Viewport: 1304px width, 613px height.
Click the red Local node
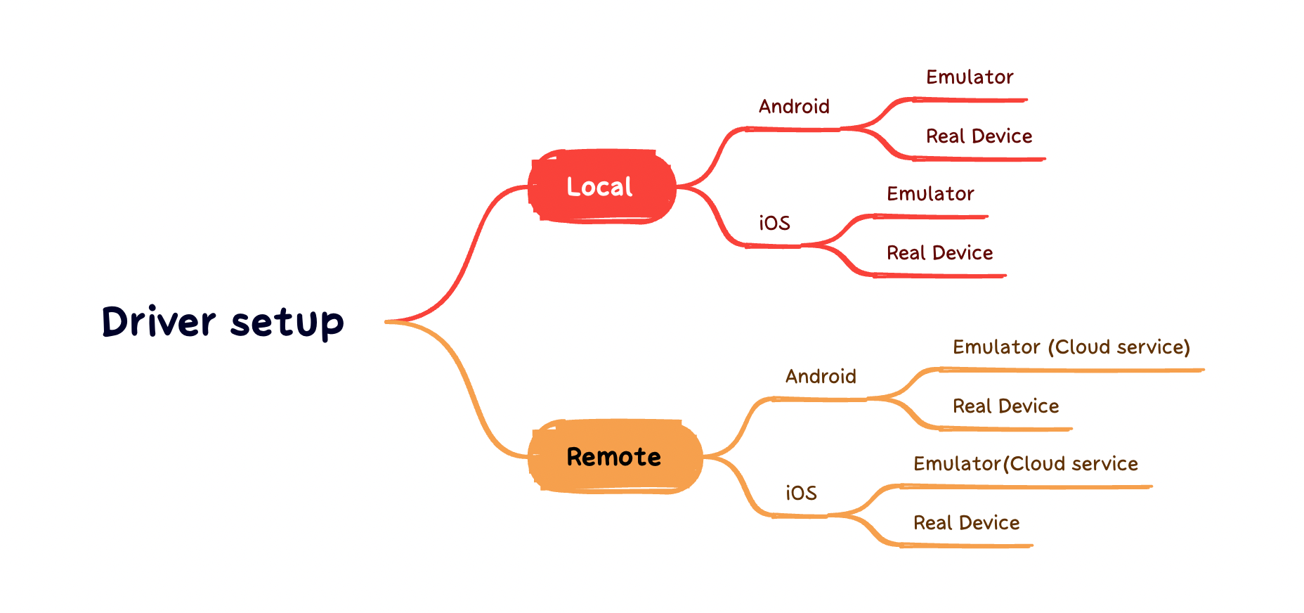602,187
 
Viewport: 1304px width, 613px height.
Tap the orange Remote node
615,457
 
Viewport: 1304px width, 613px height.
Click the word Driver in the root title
159,322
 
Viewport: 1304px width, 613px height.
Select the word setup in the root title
287,324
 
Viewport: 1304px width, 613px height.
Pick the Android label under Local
794,106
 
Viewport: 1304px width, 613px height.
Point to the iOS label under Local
774,223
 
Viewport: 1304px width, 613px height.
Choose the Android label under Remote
821,376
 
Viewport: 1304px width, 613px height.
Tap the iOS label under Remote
801,493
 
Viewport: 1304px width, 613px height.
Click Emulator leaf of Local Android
970,77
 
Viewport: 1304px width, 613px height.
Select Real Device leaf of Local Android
979,136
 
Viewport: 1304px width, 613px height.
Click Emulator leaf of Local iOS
930,193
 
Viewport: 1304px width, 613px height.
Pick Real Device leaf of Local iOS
939,252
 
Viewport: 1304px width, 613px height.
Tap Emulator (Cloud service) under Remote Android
1071,347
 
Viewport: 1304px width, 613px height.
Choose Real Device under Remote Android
1005,406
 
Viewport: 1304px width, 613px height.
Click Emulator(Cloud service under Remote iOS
1026,463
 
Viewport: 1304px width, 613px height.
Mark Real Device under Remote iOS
966,522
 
